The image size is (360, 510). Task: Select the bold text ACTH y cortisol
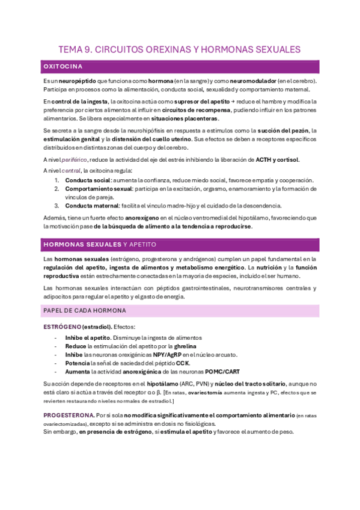pyautogui.click(x=277, y=159)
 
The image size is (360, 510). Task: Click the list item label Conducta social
pyautogui.click(x=87, y=180)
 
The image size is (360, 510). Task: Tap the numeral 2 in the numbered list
pyautogui.click(x=57, y=188)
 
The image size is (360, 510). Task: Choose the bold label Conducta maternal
pyautogui.click(x=91, y=205)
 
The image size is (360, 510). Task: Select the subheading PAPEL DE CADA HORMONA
pyautogui.click(x=85, y=310)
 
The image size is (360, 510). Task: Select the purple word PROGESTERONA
pyautogui.click(x=69, y=415)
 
